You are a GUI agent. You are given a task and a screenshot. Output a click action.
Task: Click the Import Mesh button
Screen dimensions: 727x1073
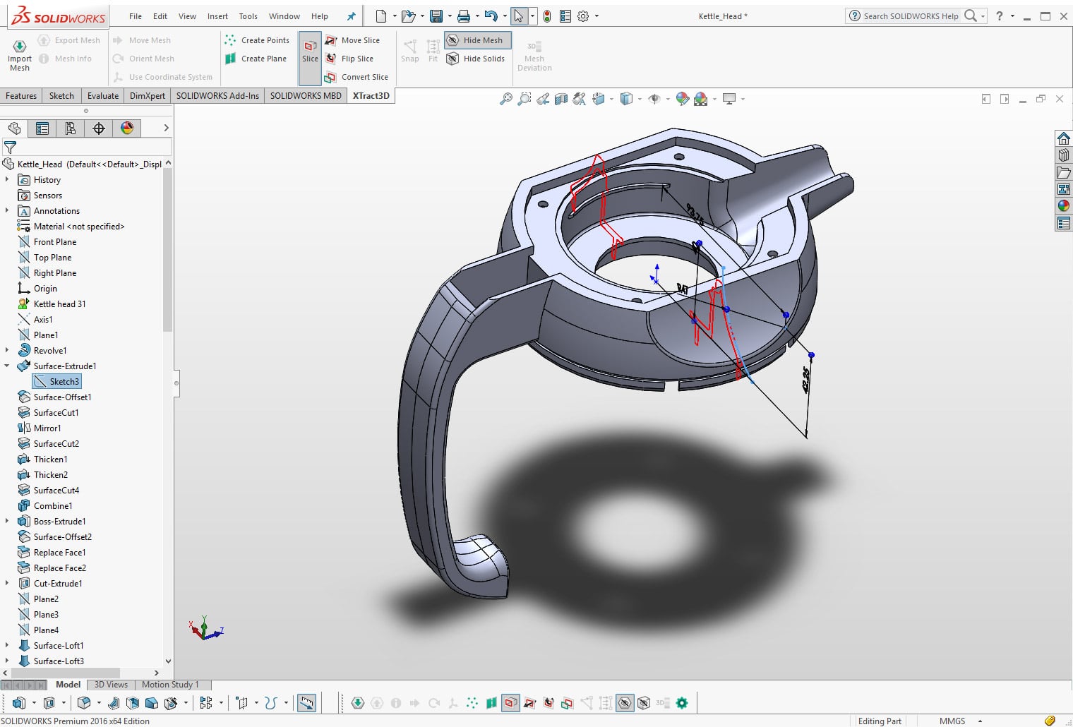pyautogui.click(x=20, y=54)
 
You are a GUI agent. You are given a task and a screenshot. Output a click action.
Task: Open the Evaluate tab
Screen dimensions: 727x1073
pyautogui.click(x=103, y=96)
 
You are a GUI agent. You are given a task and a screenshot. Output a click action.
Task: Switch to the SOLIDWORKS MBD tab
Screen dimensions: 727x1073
pyautogui.click(x=305, y=96)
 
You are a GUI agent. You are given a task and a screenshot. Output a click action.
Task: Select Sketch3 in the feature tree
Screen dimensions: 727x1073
pyautogui.click(x=64, y=382)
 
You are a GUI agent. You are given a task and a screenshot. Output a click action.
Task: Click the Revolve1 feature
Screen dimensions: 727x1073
pyautogui.click(x=50, y=351)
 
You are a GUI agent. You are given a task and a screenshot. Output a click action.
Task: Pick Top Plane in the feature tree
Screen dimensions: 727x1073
pyautogui.click(x=52, y=258)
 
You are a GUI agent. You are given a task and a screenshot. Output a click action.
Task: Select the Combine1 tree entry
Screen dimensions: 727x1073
pyautogui.click(x=53, y=506)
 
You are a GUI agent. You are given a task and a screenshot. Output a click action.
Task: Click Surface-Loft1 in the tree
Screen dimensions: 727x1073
pyautogui.click(x=59, y=646)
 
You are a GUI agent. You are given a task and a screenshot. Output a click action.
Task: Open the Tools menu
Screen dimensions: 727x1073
pyautogui.click(x=248, y=16)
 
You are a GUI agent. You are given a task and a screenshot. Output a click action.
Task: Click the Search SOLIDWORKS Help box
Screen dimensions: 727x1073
pyautogui.click(x=911, y=16)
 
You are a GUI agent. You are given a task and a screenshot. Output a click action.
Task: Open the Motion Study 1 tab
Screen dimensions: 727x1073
pyautogui.click(x=170, y=685)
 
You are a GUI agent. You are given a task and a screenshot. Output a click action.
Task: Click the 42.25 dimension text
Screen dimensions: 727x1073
pyautogui.click(x=807, y=380)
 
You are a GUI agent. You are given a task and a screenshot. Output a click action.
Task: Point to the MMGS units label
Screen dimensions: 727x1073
pyautogui.click(x=952, y=721)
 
